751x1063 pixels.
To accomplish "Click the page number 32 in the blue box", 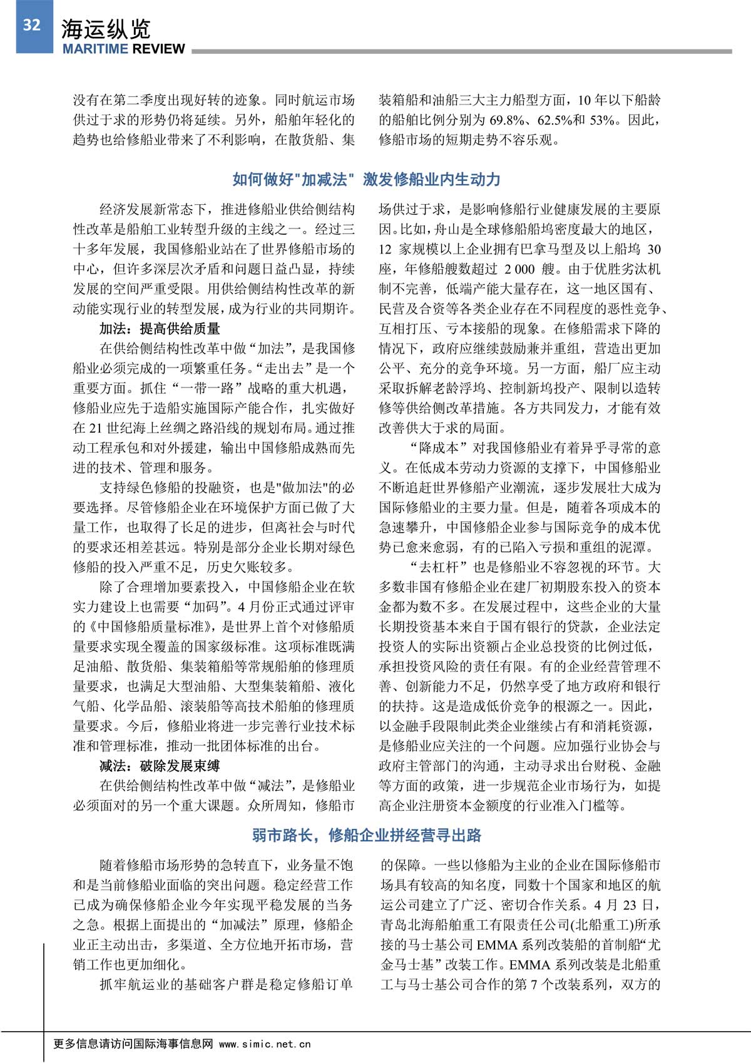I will (32, 25).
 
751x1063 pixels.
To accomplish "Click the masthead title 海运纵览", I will (106, 29).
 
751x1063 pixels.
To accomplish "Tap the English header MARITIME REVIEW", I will (123, 49).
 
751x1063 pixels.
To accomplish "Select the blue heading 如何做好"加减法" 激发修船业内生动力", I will (366, 180).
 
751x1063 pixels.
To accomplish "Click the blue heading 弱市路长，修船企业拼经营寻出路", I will (367, 835).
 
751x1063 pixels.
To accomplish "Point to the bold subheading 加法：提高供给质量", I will (160, 329).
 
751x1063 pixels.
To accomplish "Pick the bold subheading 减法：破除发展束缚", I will (160, 766).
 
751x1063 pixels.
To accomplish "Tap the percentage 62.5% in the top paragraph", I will (554, 120).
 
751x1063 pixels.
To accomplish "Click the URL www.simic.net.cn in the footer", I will (265, 1044).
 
